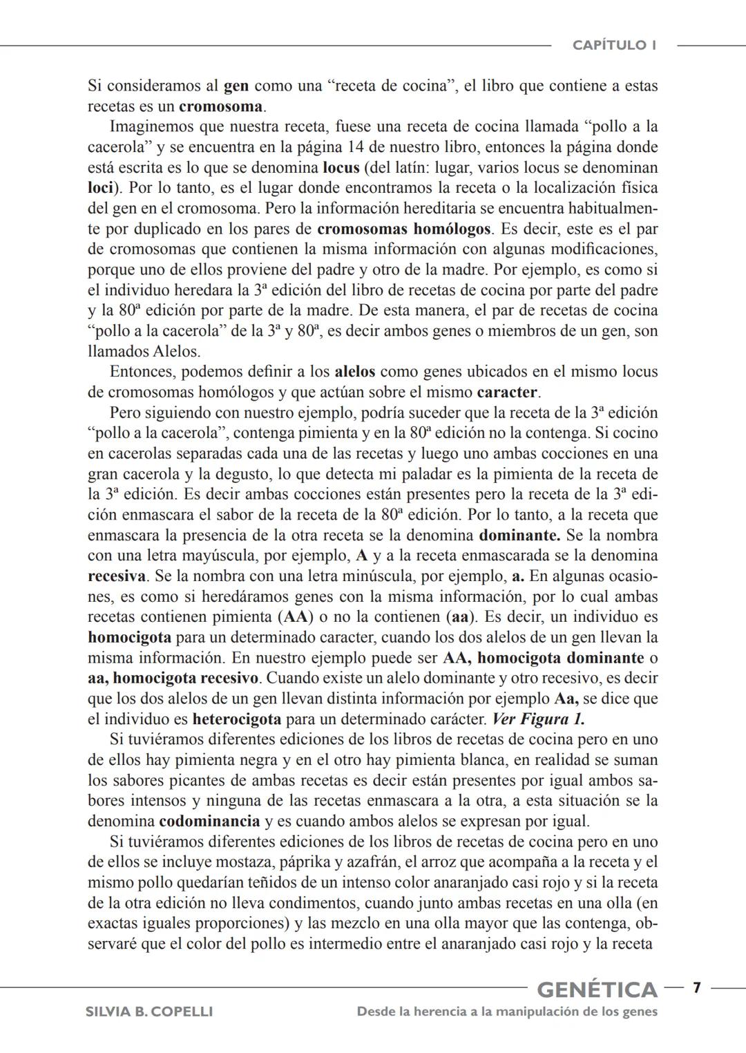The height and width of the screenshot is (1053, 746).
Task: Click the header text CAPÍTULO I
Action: pyautogui.click(x=614, y=46)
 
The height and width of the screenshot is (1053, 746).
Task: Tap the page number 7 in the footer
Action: pyautogui.click(x=697, y=988)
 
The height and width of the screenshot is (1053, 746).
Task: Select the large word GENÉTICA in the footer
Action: pyautogui.click(x=597, y=989)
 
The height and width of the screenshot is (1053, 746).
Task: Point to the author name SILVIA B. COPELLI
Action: pyautogui.click(x=149, y=1012)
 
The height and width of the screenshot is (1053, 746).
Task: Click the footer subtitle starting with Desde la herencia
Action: pyautogui.click(x=507, y=1012)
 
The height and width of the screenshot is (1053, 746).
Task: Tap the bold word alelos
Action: pyautogui.click(x=354, y=372)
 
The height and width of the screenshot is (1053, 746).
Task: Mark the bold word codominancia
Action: pyautogui.click(x=209, y=822)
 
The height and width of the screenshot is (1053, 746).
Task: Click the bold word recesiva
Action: pyautogui.click(x=117, y=576)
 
